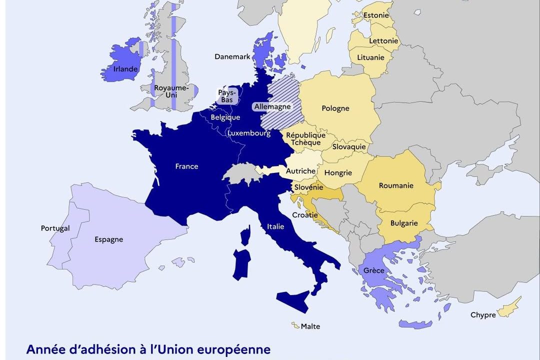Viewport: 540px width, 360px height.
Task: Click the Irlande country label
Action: [125, 69]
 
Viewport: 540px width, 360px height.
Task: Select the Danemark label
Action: [232, 56]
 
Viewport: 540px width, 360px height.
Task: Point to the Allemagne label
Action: [272, 106]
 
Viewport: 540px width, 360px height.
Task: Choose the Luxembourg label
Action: [248, 133]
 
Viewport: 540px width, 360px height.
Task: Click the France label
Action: [186, 166]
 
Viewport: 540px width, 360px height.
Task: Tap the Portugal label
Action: [55, 228]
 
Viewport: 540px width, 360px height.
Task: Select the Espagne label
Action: [108, 239]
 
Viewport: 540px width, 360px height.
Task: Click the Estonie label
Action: [376, 15]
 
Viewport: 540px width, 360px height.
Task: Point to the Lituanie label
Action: [370, 57]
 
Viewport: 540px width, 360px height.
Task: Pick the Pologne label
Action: [335, 108]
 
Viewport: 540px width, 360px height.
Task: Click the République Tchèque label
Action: [305, 139]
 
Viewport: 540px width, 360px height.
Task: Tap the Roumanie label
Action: [396, 185]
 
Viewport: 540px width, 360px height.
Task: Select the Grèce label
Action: [374, 270]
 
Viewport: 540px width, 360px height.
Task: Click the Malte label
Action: [310, 326]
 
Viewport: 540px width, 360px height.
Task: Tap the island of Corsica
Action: [245, 235]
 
